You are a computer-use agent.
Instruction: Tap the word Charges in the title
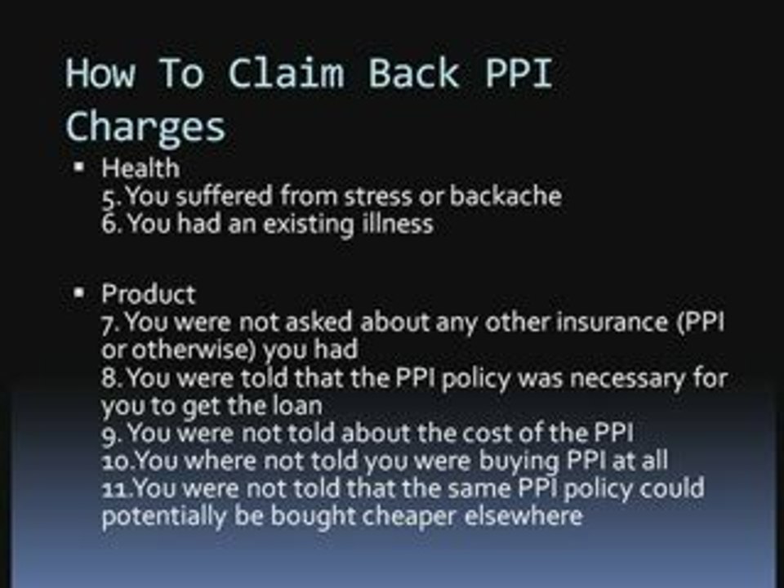(x=145, y=127)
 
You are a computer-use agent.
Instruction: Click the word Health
(x=140, y=169)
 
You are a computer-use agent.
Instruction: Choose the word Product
(x=148, y=294)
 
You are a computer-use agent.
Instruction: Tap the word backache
(x=506, y=196)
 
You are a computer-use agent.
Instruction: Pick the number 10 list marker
(x=117, y=461)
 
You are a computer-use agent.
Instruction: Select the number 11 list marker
(x=116, y=488)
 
